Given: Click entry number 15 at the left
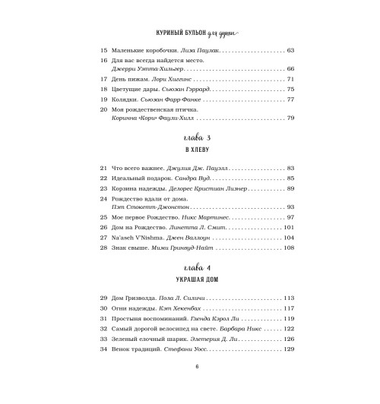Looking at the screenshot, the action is click(104, 49).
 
